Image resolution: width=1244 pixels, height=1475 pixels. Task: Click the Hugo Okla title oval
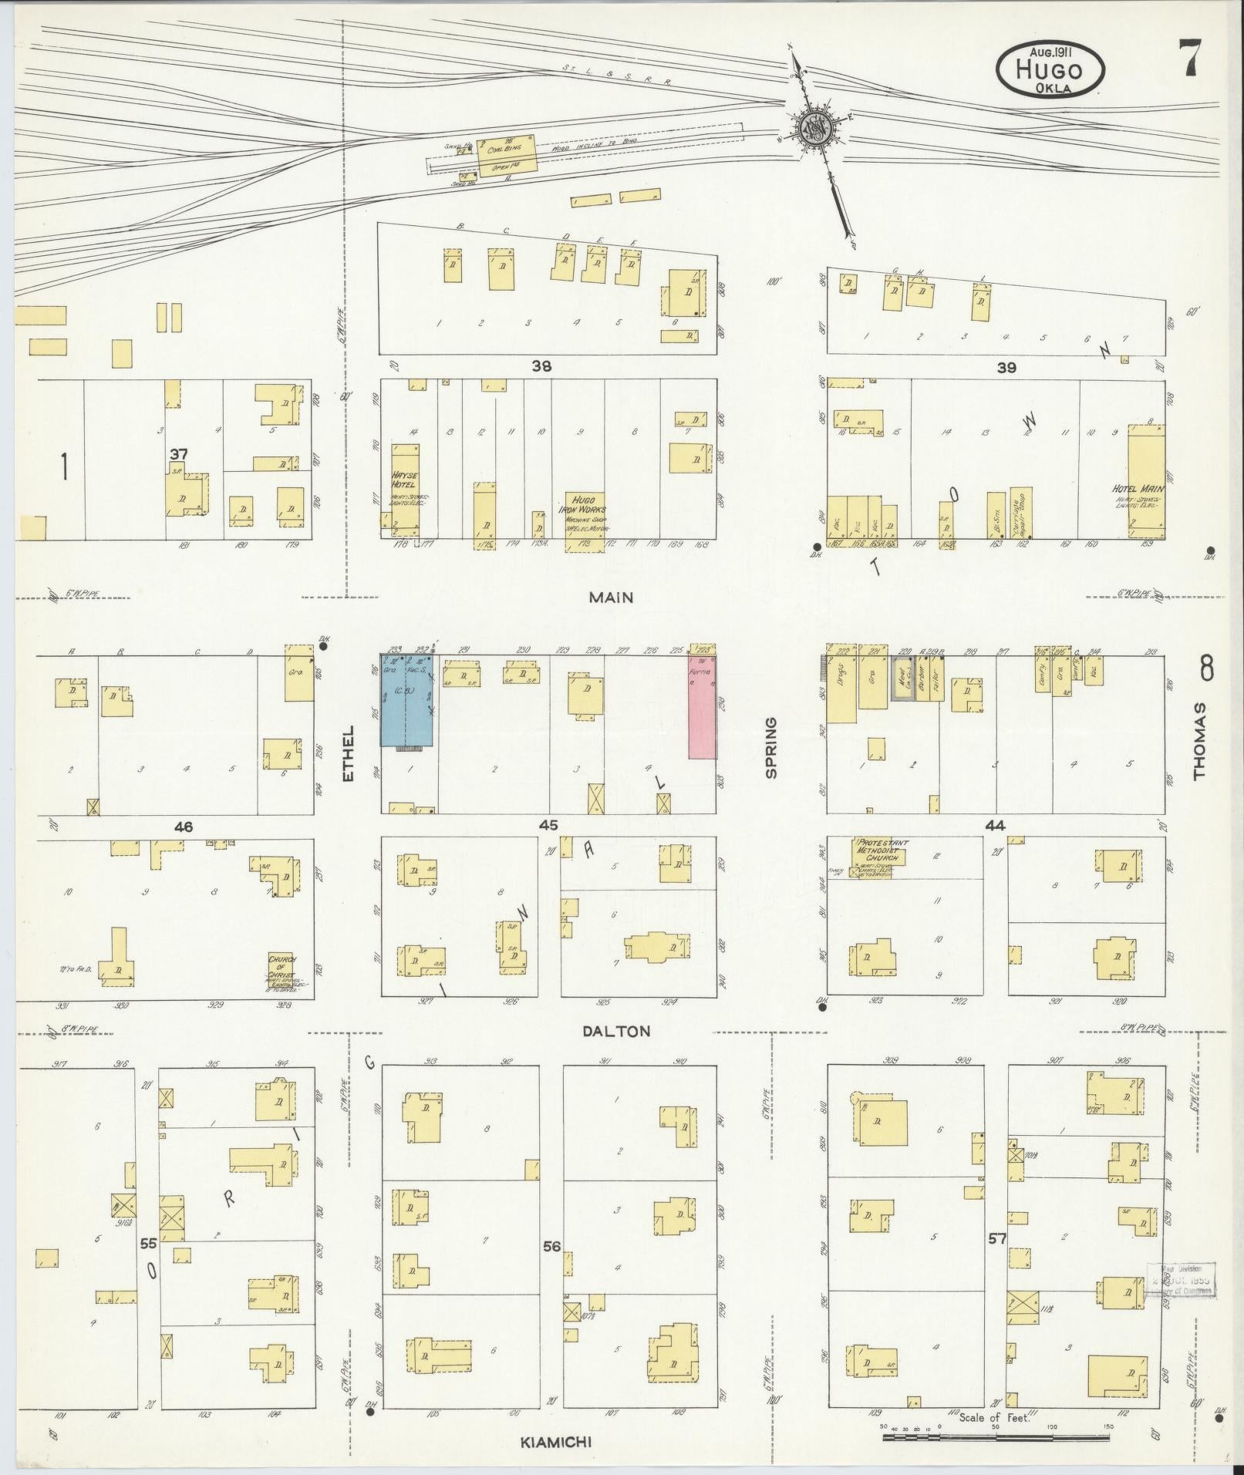point(1050,69)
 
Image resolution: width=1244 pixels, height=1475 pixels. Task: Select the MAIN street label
point(611,597)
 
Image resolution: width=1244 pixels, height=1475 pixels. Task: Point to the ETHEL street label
point(348,753)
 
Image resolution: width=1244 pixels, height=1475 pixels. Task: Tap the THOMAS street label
point(1199,740)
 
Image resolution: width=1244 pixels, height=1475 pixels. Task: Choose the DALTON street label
point(616,1031)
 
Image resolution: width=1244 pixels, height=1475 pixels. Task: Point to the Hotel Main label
point(1138,489)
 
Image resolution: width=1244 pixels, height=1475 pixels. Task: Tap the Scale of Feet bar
point(995,1438)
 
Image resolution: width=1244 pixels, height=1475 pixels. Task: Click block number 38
point(541,367)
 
